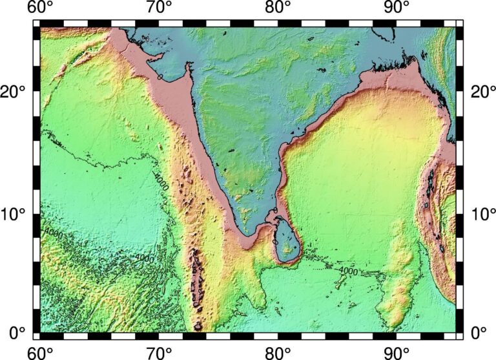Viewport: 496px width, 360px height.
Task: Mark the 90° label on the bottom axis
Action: [397, 352]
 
